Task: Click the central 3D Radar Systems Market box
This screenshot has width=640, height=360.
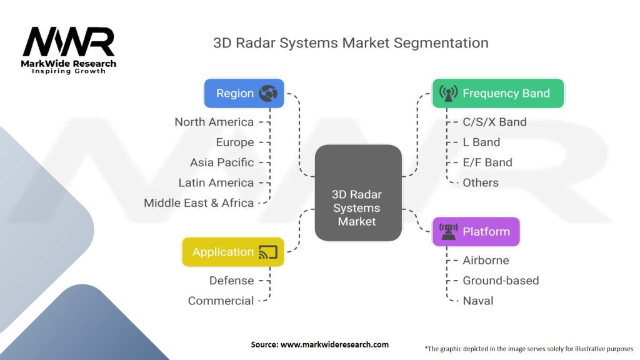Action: click(x=357, y=193)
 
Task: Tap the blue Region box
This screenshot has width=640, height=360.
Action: click(x=244, y=93)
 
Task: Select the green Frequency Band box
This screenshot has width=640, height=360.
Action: click(x=498, y=93)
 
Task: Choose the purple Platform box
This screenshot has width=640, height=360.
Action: click(x=476, y=232)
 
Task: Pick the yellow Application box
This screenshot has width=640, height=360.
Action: click(x=232, y=252)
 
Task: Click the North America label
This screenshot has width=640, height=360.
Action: click(x=214, y=122)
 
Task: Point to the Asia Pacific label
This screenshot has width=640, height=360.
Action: click(x=222, y=162)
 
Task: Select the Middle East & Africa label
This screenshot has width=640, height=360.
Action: click(x=199, y=202)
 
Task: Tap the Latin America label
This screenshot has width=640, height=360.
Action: click(x=216, y=182)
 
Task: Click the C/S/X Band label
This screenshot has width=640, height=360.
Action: click(x=494, y=122)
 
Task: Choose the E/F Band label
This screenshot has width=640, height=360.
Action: click(x=487, y=162)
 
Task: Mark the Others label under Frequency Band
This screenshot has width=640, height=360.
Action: click(x=480, y=182)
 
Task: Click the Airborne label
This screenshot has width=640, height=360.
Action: click(x=486, y=260)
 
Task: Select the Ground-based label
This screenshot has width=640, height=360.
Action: click(x=500, y=281)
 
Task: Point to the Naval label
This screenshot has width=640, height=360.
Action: click(x=477, y=301)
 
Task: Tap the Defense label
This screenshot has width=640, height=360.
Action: click(x=231, y=281)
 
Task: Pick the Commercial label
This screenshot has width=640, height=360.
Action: click(x=221, y=301)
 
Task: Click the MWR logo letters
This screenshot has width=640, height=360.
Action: click(x=69, y=42)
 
